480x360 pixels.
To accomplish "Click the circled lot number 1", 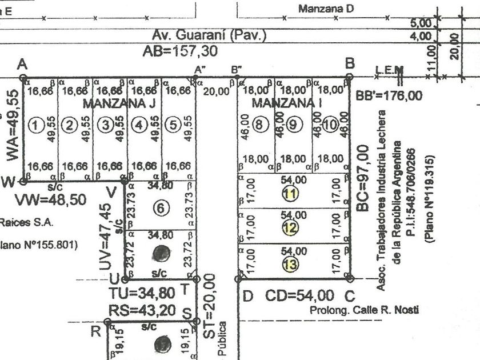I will [x=37, y=125].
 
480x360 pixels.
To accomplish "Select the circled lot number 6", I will [x=162, y=209].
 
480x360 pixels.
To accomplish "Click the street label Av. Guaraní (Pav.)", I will [x=209, y=35].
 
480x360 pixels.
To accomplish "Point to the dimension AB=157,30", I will [x=180, y=51].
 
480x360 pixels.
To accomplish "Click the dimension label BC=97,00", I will [x=362, y=178].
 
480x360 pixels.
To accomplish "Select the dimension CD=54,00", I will [x=299, y=295].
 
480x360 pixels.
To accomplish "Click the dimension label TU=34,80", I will [x=142, y=293].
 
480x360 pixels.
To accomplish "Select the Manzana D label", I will [x=326, y=9].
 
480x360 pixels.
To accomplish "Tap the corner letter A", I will [x=23, y=63].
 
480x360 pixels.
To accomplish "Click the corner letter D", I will [x=247, y=296].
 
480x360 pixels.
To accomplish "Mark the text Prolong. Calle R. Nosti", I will [x=363, y=310].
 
